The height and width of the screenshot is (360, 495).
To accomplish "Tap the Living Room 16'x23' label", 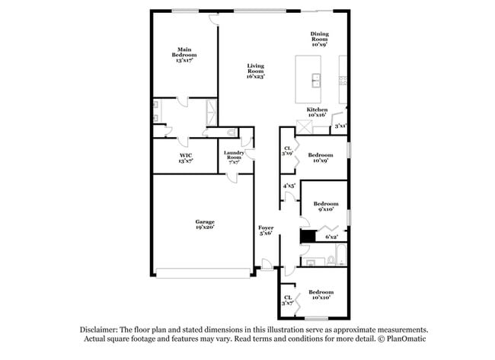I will point(254,72).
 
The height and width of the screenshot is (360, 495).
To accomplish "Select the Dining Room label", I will point(319,39).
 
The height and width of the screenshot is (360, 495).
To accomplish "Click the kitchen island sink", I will point(315,79).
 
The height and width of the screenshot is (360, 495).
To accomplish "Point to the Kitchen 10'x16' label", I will point(317,113).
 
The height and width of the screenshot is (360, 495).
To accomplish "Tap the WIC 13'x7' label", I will point(186,158).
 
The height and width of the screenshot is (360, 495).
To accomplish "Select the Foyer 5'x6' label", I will point(266,231).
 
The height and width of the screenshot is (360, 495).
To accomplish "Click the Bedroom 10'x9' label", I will point(321,158).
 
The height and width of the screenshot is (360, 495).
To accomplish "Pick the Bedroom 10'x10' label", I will point(321,295).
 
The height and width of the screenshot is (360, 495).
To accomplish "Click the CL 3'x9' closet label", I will point(288,151).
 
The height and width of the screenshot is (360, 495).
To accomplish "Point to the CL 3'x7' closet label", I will point(288,301).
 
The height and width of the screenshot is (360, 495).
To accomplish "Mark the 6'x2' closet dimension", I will point(332,237).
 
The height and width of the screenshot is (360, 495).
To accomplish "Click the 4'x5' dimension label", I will point(289,186).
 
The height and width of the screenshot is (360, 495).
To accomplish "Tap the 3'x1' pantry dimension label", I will point(340,126).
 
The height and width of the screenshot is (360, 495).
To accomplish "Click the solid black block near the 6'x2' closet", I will point(306,237).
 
